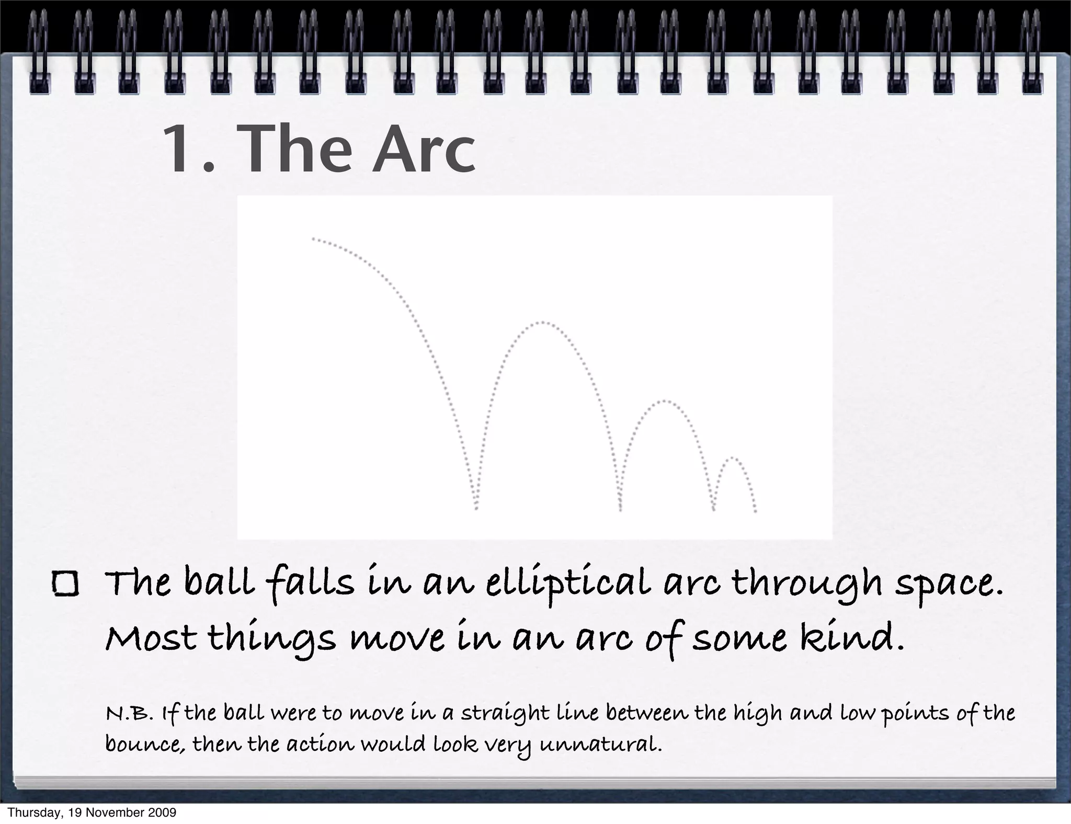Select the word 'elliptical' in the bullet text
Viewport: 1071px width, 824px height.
(568, 585)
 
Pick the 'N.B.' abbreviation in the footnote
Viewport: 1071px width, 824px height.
(129, 713)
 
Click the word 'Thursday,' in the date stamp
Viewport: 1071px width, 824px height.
(31, 813)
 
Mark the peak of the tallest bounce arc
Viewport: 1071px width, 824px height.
(542, 322)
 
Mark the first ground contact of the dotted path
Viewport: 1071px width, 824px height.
(476, 509)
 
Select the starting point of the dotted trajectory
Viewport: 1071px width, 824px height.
(313, 238)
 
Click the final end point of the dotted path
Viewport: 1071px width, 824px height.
(756, 512)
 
